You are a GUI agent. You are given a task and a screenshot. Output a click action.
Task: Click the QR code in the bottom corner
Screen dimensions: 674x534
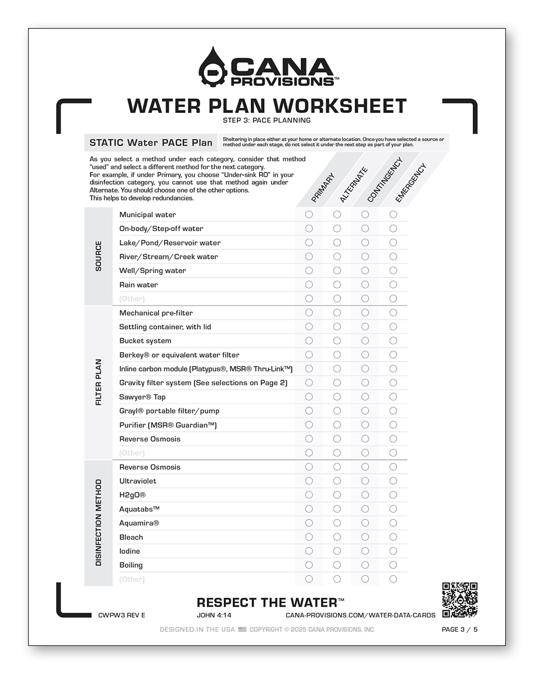coord(459,600)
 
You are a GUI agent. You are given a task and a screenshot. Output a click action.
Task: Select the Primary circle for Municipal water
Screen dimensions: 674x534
coord(309,215)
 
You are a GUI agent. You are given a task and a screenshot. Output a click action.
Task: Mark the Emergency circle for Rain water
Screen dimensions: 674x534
coord(393,285)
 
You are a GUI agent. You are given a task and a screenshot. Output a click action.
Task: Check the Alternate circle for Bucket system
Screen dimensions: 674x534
coord(337,341)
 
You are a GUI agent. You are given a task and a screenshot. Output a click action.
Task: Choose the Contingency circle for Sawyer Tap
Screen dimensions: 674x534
coord(365,397)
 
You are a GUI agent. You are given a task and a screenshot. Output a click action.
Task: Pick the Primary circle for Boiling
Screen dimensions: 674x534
coord(309,565)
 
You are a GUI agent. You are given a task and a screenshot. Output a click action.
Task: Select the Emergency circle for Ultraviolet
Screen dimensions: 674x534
coord(393,481)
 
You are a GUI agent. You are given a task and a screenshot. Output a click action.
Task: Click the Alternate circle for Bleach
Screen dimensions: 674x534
coord(337,538)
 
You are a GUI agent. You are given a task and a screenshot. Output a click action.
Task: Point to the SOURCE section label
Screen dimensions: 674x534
coord(99,256)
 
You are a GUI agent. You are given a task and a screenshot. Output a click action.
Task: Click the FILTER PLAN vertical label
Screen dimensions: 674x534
coord(99,382)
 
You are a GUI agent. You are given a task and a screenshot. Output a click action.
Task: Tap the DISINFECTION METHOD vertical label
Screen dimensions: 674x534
coord(99,522)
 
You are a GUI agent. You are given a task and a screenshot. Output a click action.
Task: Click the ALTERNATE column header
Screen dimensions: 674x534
coord(354,185)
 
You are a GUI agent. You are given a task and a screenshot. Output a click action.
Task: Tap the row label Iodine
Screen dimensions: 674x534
coord(130,552)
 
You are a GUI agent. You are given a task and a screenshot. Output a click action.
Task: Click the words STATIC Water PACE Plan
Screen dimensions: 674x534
coord(151,143)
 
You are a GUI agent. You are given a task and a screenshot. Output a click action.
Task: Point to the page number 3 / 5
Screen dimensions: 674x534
coord(460,630)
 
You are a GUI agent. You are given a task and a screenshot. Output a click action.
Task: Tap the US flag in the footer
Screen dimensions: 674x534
coord(242,630)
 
